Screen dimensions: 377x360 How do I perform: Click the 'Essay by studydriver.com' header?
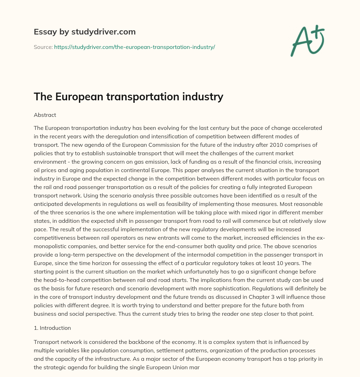[x=85, y=32]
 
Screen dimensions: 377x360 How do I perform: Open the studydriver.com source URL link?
[x=134, y=47]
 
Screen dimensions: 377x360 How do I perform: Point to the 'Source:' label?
[x=43, y=47]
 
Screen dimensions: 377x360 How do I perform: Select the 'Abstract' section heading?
[x=45, y=115]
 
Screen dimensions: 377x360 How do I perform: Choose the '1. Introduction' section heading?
[x=52, y=328]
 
